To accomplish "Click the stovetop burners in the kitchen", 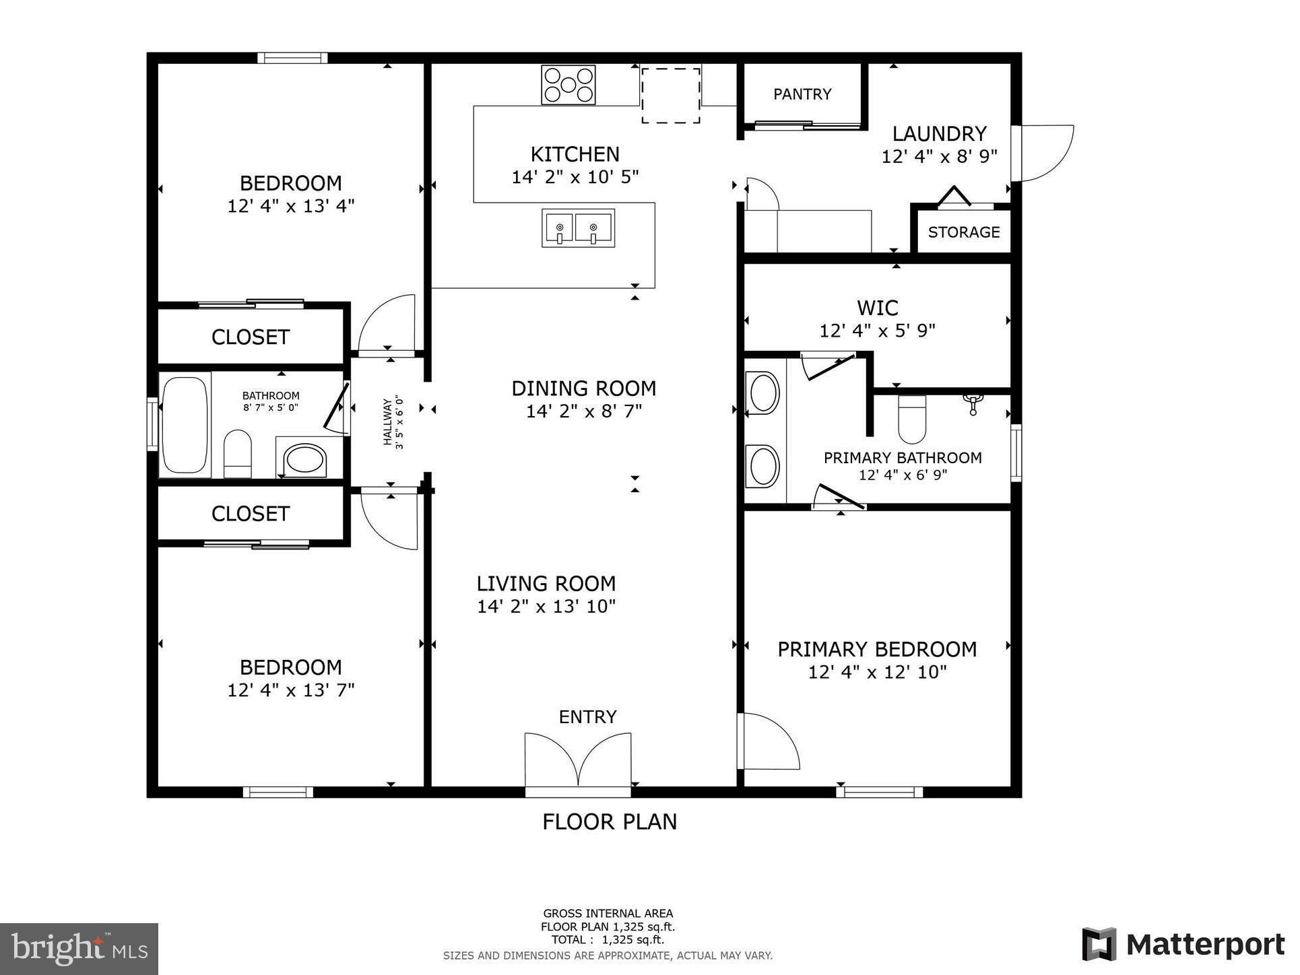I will [568, 85].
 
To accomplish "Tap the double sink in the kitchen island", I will [578, 228].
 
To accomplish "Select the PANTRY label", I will [802, 94].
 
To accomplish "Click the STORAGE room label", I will [963, 232].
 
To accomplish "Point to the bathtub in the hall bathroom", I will [185, 424].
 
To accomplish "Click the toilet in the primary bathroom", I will [912, 420].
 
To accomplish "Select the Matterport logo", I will [1183, 945].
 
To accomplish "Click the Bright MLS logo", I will [79, 949].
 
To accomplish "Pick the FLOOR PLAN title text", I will [610, 822].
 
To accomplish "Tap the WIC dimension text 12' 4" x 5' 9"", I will [877, 331].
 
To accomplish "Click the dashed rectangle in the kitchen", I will [670, 95].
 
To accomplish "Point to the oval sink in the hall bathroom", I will [306, 459].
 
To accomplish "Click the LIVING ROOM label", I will [546, 584].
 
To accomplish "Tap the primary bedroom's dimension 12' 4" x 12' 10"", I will [877, 672].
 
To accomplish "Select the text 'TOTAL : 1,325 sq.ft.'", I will [608, 940].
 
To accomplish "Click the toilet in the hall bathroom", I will [237, 452].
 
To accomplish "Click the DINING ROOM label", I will [583, 389].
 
